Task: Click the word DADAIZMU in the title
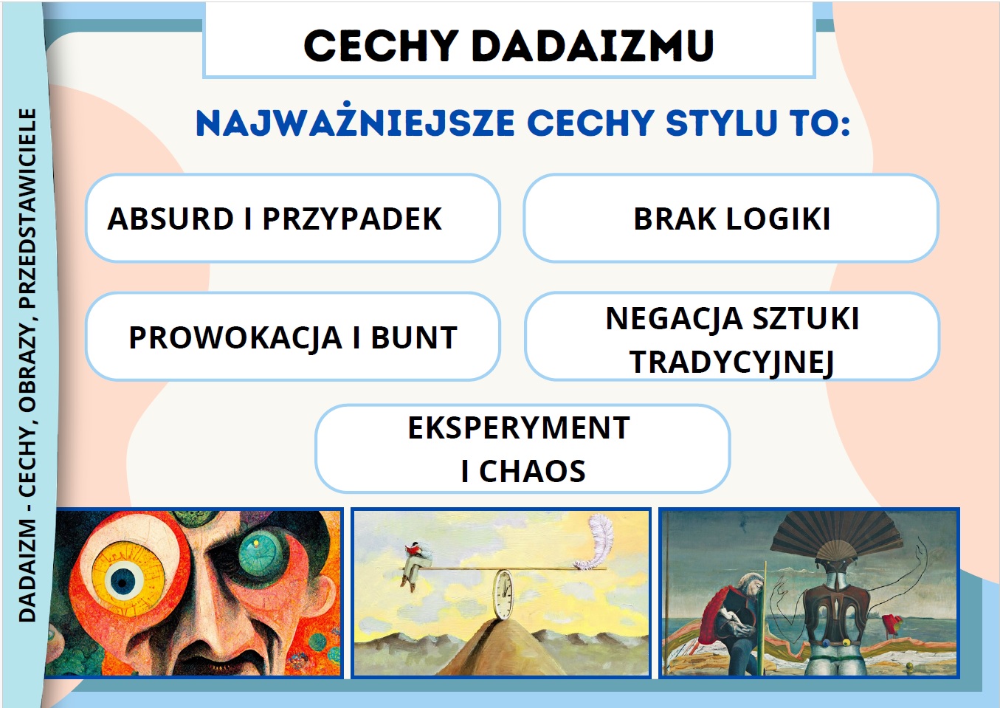pos(593,46)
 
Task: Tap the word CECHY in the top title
pos(382,46)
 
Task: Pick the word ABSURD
pos(170,219)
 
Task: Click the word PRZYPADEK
pos(352,219)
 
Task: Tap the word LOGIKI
pos(778,219)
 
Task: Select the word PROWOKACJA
pos(235,338)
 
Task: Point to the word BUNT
pos(414,337)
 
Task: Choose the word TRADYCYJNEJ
pos(731,362)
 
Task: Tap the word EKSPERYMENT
pos(519,427)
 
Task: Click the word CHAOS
pos(531,471)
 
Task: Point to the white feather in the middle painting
pos(595,543)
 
